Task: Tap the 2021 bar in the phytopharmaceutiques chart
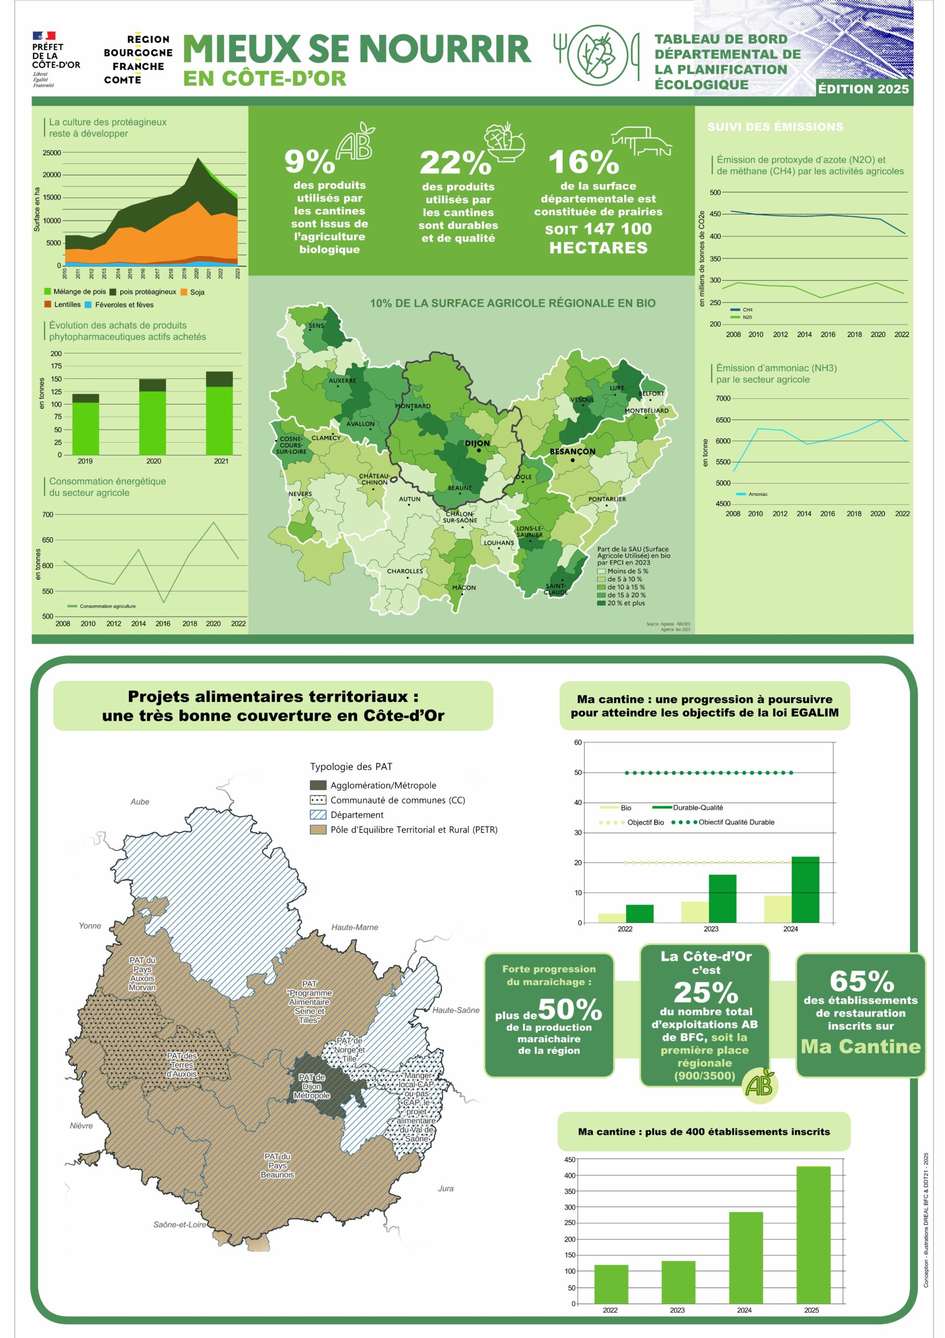tap(219, 413)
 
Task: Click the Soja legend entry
tap(192, 292)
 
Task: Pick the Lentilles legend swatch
tap(48, 304)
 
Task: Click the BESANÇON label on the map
tap(572, 452)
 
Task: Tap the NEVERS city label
tap(300, 494)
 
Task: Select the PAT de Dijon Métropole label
tap(312, 1087)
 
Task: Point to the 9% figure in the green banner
tap(309, 162)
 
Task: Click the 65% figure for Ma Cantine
tap(862, 982)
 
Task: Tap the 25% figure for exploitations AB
tap(706, 993)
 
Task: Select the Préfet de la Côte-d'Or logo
tap(56, 60)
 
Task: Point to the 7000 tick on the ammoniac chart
tap(723, 399)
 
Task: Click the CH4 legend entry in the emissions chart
tap(741, 310)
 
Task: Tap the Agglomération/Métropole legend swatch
tap(318, 786)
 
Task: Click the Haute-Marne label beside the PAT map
tap(354, 927)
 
